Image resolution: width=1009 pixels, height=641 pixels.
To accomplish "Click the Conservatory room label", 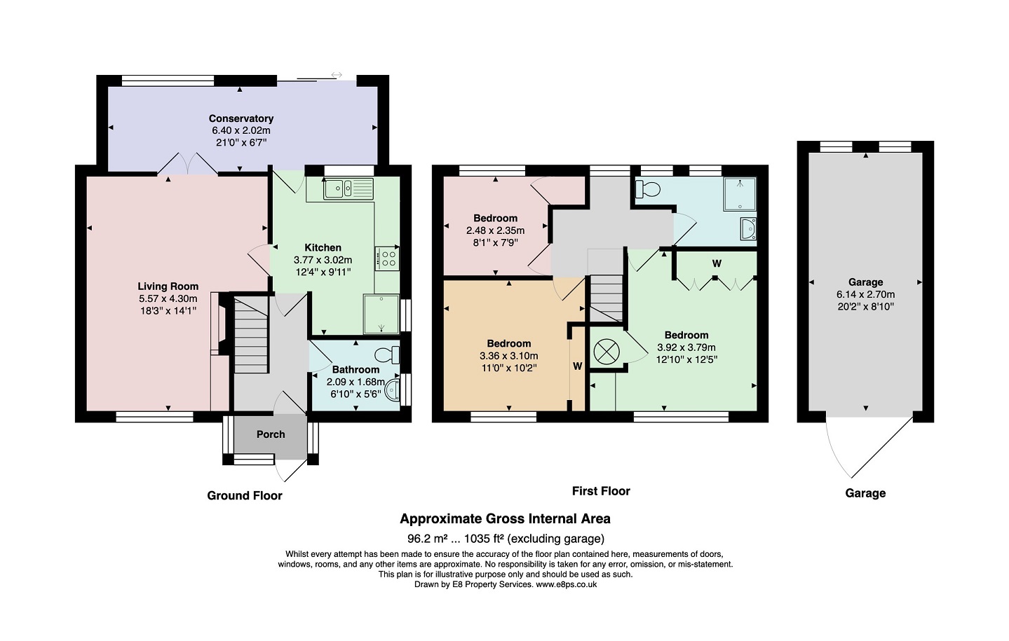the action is pyautogui.click(x=241, y=118).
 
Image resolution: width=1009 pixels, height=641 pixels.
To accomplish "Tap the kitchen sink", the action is pyautogui.click(x=348, y=188).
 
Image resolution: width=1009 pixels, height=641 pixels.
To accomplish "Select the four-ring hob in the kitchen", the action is pyautogui.click(x=387, y=259).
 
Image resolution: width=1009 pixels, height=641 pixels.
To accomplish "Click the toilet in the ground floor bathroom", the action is pyautogui.click(x=387, y=354).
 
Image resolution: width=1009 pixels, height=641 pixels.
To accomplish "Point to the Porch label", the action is pyautogui.click(x=271, y=434).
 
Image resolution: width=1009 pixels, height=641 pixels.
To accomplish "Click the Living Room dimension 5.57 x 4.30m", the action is pyautogui.click(x=168, y=298).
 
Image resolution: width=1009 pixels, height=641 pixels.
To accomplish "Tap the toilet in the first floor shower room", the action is pyautogui.click(x=648, y=189).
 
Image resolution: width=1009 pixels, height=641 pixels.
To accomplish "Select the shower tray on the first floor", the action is pyautogui.click(x=740, y=193).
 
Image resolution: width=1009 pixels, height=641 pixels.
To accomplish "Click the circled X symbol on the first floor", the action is pyautogui.click(x=607, y=351).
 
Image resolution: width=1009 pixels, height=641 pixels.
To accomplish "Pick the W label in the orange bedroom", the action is pyautogui.click(x=578, y=366).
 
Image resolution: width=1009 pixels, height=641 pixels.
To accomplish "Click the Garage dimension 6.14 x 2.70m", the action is pyautogui.click(x=865, y=295).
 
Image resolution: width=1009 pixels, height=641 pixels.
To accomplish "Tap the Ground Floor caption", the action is pyautogui.click(x=245, y=495).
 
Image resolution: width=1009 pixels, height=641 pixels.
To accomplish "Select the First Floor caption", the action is pyautogui.click(x=601, y=490).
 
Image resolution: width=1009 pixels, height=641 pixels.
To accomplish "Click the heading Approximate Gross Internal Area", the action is pyautogui.click(x=505, y=518).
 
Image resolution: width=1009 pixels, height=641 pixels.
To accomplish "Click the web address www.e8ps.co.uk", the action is pyautogui.click(x=567, y=584).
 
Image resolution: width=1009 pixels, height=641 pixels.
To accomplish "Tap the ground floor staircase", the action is pyautogui.click(x=251, y=335).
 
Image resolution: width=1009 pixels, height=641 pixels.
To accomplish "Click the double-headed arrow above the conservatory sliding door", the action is pyautogui.click(x=337, y=75).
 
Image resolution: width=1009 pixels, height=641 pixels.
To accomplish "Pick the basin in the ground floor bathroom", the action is pyautogui.click(x=393, y=390).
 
